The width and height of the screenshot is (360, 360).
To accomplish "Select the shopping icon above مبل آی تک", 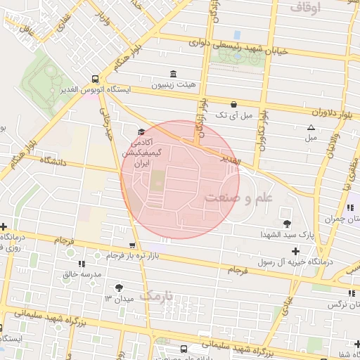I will [233, 104].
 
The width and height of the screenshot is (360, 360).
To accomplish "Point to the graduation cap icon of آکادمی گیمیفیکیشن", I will [141, 131].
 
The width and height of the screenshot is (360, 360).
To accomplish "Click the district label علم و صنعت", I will [238, 198].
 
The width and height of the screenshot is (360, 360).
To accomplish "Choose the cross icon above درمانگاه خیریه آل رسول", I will [295, 251].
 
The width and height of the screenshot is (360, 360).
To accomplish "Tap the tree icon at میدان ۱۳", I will [118, 287].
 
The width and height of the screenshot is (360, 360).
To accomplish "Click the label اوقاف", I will [303, 8].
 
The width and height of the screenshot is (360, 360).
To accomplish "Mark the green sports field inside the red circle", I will [155, 180].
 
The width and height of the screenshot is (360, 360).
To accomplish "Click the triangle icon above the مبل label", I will [311, 127].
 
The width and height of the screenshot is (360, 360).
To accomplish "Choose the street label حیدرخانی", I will [107, 122].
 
